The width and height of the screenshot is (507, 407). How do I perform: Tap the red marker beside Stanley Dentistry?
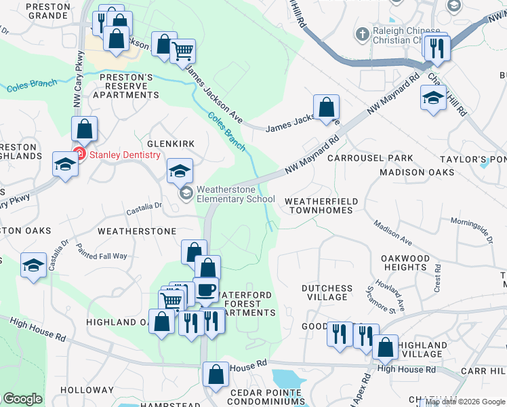pyautogui.click(x=79, y=155)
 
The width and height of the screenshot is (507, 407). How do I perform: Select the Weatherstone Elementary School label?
pyautogui.click(x=235, y=194)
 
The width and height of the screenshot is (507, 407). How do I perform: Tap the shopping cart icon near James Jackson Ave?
pyautogui.click(x=183, y=51)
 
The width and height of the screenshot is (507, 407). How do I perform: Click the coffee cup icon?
pyautogui.click(x=205, y=290)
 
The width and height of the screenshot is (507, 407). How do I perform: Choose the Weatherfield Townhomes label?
pyautogui.click(x=319, y=206)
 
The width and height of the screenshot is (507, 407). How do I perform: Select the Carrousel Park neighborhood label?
pyautogui.click(x=369, y=158)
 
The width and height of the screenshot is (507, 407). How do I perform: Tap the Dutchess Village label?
pyautogui.click(x=327, y=292)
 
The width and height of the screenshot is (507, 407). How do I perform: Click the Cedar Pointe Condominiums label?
pyautogui.click(x=265, y=397)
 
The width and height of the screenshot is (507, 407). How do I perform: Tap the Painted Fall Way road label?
pyautogui.click(x=101, y=252)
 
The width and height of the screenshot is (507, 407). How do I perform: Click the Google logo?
pyautogui.click(x=22, y=399)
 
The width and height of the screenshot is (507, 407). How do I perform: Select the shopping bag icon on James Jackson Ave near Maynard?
pyautogui.click(x=326, y=106)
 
